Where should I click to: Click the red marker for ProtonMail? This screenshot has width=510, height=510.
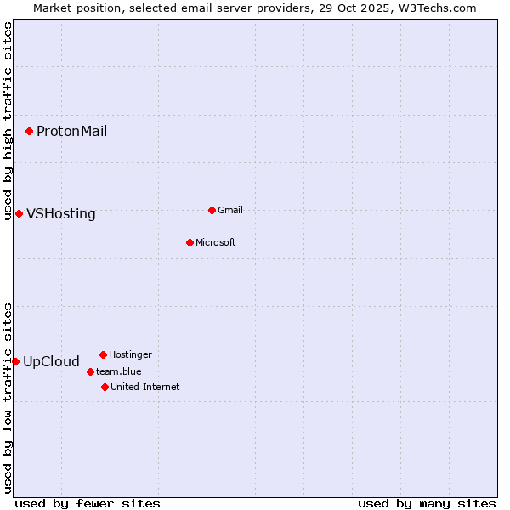pos(29,131)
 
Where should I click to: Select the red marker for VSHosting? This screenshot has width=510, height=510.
pos(19,213)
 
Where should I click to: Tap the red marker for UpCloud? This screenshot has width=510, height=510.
pos(15,361)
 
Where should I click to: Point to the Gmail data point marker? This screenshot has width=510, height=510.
pos(212,210)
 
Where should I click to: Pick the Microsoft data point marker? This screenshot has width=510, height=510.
pos(190,242)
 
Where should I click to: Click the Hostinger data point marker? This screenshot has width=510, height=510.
pos(103,354)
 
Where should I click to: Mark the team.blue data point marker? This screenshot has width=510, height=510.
pos(90,371)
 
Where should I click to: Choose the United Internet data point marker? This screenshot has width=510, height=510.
pos(105,387)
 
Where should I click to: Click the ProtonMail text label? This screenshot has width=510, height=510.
pos(71,131)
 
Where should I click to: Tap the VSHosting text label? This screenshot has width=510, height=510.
pos(61,213)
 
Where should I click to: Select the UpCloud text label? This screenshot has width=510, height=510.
pos(51,361)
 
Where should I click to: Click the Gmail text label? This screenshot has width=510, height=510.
pos(230,210)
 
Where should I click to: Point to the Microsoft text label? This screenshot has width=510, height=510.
pos(216,242)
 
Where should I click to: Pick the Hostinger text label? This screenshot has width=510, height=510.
pos(130,354)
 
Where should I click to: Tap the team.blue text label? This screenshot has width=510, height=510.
pos(119,371)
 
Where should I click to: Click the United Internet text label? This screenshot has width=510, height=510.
pos(145,387)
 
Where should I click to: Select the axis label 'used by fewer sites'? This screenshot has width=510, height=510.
pos(88,503)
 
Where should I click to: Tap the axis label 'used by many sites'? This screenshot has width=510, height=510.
pos(427,503)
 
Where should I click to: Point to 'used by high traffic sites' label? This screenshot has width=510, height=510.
pos(8,121)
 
